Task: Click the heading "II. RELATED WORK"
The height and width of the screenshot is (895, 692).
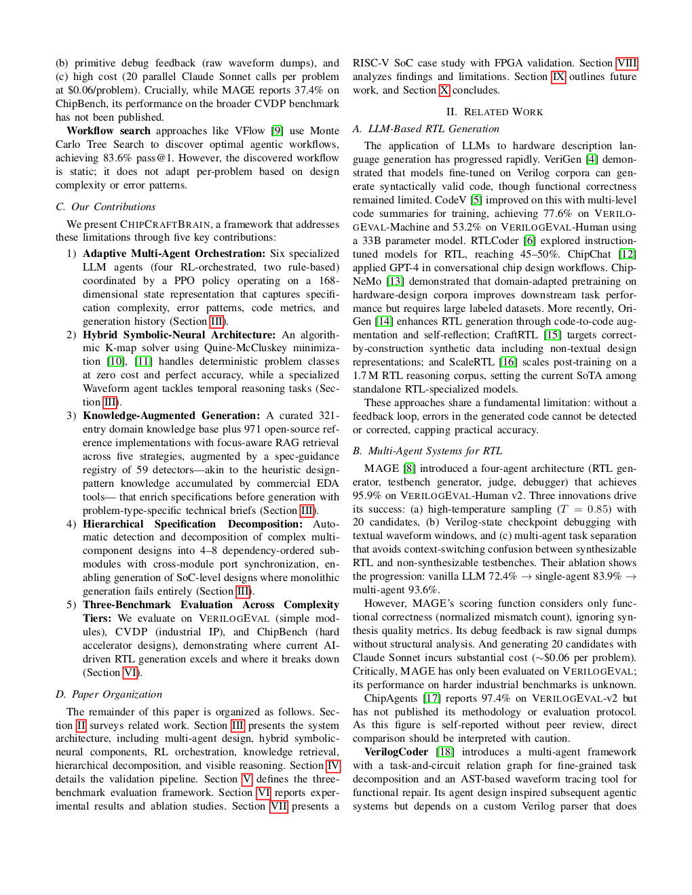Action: coord(494,112)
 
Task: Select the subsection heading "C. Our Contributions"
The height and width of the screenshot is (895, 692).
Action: coord(105,207)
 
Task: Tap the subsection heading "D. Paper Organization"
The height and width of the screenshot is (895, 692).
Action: coord(109,694)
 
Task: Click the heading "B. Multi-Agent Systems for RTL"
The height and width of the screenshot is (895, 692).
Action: coord(427,451)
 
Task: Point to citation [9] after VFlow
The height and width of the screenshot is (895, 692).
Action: coord(277,131)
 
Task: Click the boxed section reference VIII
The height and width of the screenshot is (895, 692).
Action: coord(627,63)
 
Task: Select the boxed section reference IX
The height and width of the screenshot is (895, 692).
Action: coord(558,77)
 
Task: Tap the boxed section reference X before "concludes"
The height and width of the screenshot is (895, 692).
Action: coord(444,90)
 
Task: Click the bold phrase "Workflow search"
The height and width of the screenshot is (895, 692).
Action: coord(109,131)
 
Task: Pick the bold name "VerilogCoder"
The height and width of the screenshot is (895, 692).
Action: coord(396,752)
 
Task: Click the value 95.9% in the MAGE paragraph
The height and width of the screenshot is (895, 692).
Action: coord(367,496)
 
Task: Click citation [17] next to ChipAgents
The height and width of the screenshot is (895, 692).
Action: coord(431,698)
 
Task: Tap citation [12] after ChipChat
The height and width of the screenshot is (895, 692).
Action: coord(627,254)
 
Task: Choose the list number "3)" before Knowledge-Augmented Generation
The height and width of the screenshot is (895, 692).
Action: coord(71,416)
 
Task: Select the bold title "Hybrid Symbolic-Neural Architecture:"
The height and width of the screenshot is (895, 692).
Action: coord(179,335)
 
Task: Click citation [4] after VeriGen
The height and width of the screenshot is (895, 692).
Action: coord(592,159)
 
